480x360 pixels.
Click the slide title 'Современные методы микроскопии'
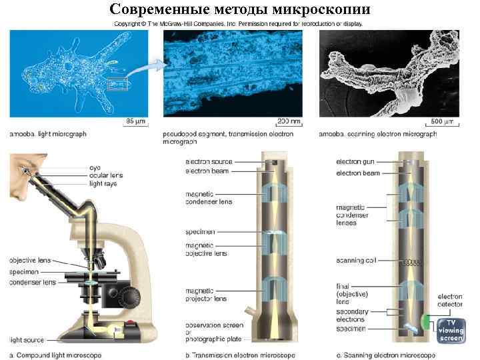pyautogui.click(x=239, y=9)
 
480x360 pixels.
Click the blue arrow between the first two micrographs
pyautogui.click(x=155, y=65)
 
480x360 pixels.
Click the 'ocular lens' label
pyautogui.click(x=108, y=175)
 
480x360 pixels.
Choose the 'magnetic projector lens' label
pyautogui.click(x=206, y=294)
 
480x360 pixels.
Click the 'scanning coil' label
pyautogui.click(x=361, y=261)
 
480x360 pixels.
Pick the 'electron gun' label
pyautogui.click(x=356, y=162)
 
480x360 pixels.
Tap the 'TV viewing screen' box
pyautogui.click(x=451, y=331)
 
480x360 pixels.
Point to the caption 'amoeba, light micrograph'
pyautogui.click(x=48, y=134)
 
